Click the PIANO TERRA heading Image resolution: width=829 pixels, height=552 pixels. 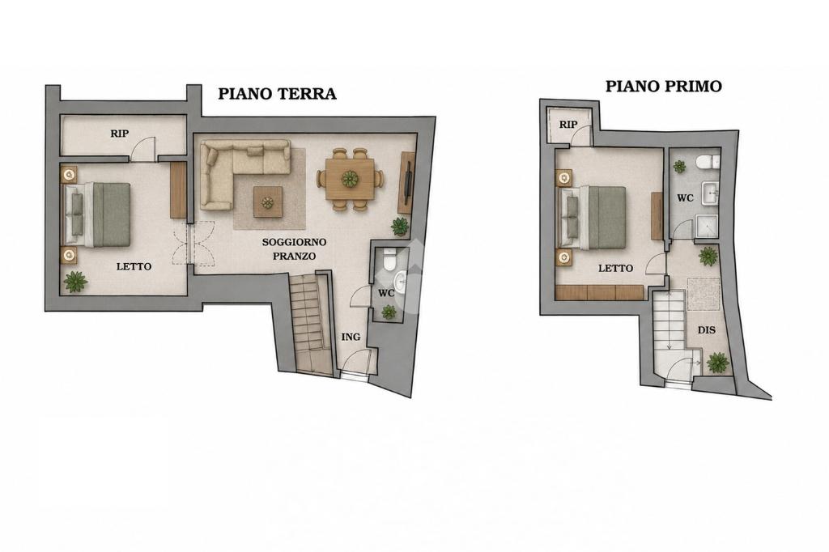pos(277,94)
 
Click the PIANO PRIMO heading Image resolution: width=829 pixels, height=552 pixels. pos(664,86)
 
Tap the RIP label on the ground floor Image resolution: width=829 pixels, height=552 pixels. pos(120,134)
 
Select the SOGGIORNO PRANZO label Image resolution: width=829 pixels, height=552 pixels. pos(295,249)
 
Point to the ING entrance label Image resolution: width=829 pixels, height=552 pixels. pos(351,337)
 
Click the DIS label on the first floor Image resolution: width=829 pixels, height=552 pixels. pos(706,330)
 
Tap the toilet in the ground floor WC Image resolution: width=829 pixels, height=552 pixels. pos(389,259)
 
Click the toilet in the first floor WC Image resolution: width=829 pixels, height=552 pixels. pos(708,161)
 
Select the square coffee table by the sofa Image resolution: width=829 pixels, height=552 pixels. pos(267,202)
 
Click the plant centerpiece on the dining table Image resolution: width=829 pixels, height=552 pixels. pos(350,179)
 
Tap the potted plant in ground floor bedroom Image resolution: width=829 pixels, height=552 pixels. pos(75,282)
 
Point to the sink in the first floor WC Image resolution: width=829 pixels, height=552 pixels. pos(710,193)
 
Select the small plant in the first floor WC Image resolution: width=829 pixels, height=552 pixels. pos(679,167)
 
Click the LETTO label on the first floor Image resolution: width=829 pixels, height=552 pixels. pos(615,269)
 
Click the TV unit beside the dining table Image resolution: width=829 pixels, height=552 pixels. pos(406,182)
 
